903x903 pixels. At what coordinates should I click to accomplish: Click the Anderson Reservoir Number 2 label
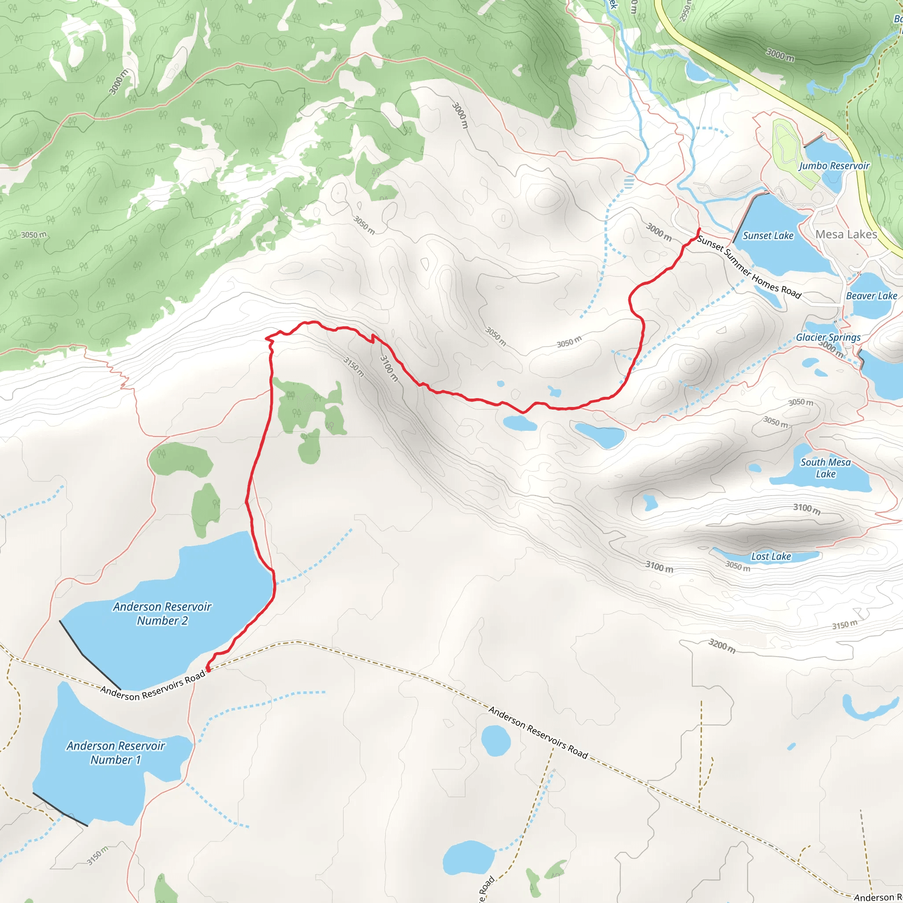162,613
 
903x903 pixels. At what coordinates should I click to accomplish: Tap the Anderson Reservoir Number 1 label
116,753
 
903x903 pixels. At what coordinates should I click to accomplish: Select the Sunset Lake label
768,235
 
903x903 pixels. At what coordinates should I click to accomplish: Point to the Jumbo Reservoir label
834,166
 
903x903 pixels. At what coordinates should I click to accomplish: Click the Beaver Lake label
871,296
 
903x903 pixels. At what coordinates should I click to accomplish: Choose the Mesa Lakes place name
846,234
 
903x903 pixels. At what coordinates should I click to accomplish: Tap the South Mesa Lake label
825,468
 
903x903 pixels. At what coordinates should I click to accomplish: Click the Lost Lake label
771,556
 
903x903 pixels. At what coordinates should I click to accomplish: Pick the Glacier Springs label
828,337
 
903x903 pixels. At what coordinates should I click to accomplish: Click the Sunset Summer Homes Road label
749,267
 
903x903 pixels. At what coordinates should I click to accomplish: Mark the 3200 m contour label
722,646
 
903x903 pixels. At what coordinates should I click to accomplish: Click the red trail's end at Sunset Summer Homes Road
698,229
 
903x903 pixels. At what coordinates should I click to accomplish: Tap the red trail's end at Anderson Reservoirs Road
208,670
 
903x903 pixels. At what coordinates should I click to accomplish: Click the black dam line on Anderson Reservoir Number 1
60,809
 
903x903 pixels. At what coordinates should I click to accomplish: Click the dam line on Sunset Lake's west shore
750,217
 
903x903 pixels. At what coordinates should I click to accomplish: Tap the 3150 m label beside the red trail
353,367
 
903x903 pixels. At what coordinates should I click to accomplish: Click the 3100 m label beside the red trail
388,368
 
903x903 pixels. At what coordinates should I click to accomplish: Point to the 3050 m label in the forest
34,235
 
